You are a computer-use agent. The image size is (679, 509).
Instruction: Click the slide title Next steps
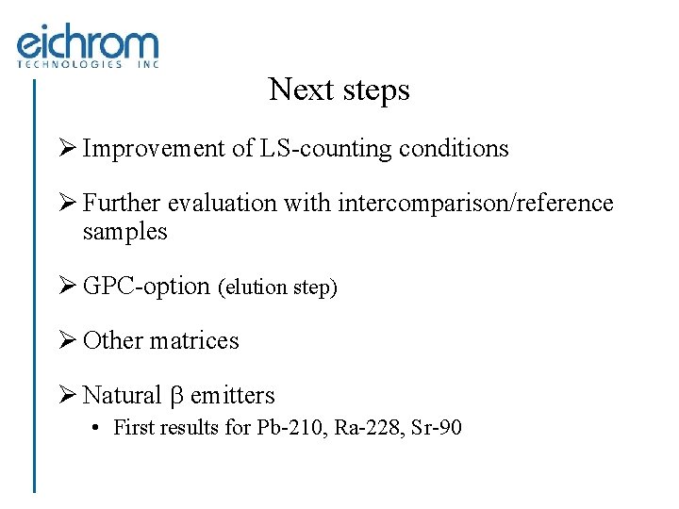(x=339, y=90)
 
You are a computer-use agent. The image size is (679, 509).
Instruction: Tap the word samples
(x=124, y=232)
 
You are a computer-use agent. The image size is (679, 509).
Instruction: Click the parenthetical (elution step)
(x=277, y=287)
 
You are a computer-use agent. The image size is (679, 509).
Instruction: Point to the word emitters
(x=232, y=395)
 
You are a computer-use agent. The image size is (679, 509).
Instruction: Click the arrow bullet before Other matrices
(x=68, y=340)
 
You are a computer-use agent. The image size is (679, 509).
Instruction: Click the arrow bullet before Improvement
(x=68, y=149)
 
